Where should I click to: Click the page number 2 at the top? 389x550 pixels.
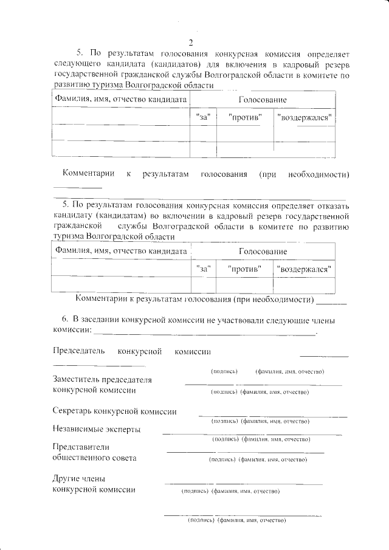190,43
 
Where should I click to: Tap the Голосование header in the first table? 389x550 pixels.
263,99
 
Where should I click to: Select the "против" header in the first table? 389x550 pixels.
245,116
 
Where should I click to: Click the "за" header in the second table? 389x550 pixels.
204,268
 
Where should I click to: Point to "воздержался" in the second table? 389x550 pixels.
303,268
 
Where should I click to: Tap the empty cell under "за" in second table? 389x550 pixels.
204,284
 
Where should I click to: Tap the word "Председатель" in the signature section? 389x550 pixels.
79,351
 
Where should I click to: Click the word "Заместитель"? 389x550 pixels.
78,380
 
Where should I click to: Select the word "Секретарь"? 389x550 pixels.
75,411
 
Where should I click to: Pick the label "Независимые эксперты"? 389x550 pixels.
97,430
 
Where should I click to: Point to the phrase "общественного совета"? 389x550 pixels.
95,458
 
